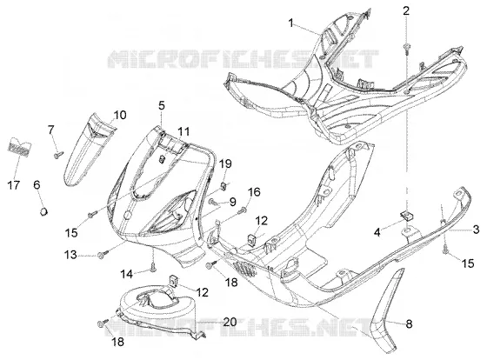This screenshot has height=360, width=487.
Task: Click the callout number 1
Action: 290,23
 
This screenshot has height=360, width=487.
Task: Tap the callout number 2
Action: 406,11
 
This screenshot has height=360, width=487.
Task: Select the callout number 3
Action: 476,230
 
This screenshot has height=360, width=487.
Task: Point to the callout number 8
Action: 409,324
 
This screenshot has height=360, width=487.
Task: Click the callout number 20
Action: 230,322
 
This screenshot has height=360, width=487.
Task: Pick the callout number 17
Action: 14,185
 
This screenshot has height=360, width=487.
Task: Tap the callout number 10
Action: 120,115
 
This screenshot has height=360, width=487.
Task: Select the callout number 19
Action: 225,163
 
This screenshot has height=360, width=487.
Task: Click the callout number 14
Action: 127,274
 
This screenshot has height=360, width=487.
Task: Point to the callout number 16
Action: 254,191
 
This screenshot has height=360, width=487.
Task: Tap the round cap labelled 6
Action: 43,211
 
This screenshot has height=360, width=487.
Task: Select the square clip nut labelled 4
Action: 405,215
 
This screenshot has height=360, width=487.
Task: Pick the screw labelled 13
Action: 103,254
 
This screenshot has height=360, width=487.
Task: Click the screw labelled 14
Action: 153,267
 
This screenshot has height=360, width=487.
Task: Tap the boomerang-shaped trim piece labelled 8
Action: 384,314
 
